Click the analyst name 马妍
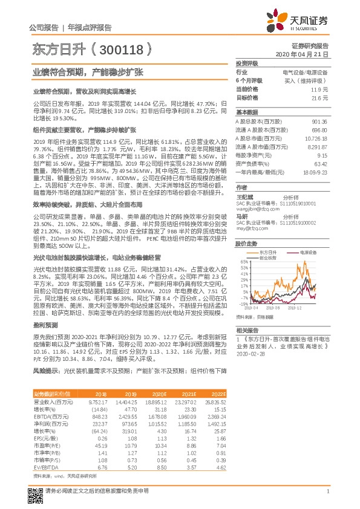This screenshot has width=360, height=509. click(241, 215)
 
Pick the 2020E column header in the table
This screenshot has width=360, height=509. click(160, 394)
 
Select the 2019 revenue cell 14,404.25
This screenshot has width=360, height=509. click(125, 401)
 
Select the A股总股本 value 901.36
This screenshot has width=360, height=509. click(320, 122)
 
